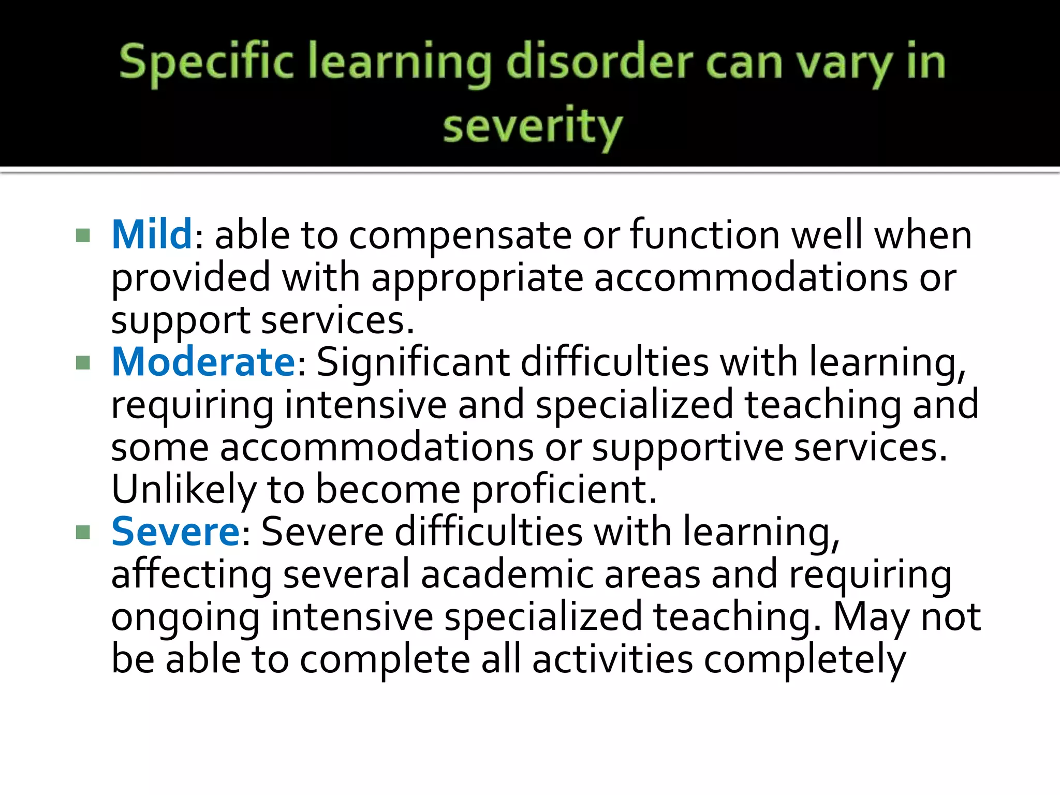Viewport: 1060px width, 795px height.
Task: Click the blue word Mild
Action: pos(152,235)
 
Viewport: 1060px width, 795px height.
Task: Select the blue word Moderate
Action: pos(203,362)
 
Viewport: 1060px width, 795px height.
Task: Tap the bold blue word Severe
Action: pos(175,532)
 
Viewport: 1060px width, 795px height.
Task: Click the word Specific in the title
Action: pos(205,63)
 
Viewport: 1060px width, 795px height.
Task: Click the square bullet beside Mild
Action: pos(83,236)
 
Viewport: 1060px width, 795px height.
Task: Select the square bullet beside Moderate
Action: pos(83,363)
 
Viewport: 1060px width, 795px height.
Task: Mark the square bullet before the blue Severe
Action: pos(83,533)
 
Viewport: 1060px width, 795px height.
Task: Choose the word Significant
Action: pos(413,362)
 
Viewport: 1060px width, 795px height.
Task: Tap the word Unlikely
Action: pos(184,490)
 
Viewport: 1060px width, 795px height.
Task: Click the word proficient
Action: pos(564,490)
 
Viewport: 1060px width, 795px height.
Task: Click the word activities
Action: pos(612,659)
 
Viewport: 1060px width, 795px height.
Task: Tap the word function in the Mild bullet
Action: pos(704,235)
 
